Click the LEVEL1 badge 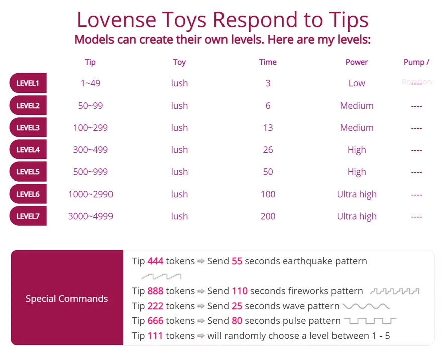(28, 83)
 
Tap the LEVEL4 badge (28, 150)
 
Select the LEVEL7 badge (28, 216)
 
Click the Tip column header (90, 62)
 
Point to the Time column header (268, 62)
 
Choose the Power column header (357, 62)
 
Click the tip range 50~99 (90, 106)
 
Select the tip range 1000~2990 (90, 194)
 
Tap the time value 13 (268, 128)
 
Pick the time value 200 (268, 216)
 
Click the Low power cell (357, 83)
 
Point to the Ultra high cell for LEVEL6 (357, 194)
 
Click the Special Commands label (67, 299)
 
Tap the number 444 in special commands (155, 261)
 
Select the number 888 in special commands (155, 291)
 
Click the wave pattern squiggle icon (366, 306)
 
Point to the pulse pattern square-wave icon (370, 321)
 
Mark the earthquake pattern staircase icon (161, 276)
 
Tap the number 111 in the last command (155, 336)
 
